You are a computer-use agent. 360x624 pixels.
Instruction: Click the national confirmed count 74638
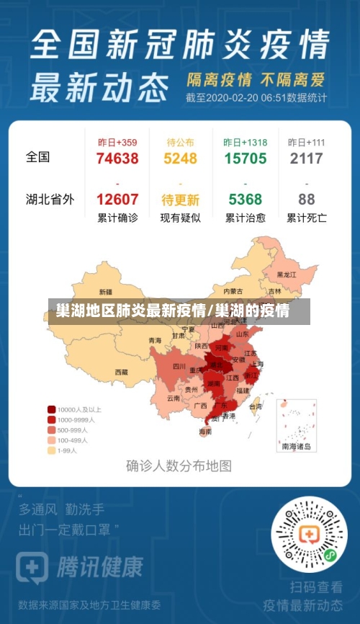[x=117, y=159]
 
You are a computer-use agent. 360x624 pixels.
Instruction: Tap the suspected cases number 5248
[x=180, y=159]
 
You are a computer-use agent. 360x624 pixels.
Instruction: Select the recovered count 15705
[x=245, y=159]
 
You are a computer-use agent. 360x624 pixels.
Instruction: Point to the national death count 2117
[x=307, y=159]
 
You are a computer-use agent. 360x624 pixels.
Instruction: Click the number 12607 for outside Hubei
[x=117, y=200]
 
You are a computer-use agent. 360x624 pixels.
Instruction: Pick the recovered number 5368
[x=245, y=200]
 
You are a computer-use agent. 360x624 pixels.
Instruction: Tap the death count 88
[x=307, y=200]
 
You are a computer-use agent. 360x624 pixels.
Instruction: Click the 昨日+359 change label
[x=117, y=142]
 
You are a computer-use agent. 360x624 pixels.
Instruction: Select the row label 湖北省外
[x=50, y=200]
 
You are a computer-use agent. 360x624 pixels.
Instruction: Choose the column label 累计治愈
[x=245, y=218]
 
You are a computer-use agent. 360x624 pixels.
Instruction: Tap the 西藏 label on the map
[x=121, y=373]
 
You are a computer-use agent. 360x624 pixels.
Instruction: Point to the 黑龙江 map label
[x=287, y=274]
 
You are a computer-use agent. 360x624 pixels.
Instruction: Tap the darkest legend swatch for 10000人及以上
[x=52, y=408]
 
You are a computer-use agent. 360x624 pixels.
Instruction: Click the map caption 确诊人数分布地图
[x=179, y=465]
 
